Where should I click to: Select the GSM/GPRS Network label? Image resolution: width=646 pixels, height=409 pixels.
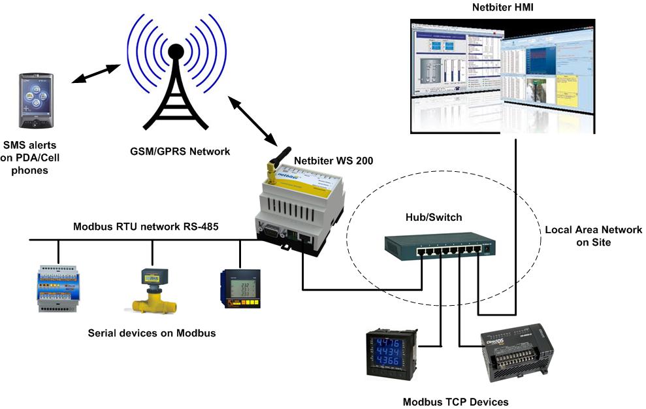(179, 151)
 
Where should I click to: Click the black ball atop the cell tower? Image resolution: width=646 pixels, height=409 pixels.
(175, 52)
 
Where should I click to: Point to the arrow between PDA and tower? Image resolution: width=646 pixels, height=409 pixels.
(95, 73)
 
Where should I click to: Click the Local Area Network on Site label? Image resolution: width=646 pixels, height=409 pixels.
(593, 236)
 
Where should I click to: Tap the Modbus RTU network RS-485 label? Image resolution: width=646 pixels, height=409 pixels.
(146, 226)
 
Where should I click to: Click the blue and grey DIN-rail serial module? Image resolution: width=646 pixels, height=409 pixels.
(57, 288)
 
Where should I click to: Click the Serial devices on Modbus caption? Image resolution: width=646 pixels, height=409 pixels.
(152, 333)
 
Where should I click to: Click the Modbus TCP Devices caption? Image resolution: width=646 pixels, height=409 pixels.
(455, 402)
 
